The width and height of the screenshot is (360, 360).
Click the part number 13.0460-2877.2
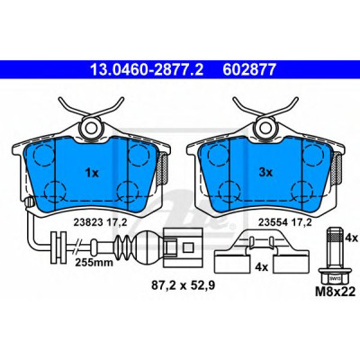(147, 70)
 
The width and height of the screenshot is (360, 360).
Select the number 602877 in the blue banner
(248, 70)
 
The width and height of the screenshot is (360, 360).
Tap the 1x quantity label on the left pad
(92, 173)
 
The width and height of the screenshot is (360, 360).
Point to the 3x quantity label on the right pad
(265, 173)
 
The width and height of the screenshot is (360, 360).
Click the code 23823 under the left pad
(88, 222)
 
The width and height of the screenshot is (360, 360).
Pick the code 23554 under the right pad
(274, 222)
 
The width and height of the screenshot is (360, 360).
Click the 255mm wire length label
(94, 263)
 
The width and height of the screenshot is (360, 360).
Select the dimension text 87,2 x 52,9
(183, 285)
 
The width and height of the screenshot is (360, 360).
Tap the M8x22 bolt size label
(335, 291)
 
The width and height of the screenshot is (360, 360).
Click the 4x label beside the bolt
(351, 238)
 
